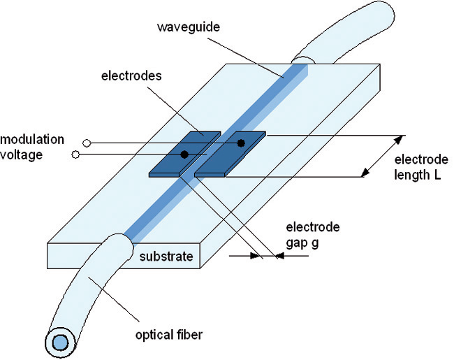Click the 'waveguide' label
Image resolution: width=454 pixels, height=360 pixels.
pyautogui.click(x=189, y=27)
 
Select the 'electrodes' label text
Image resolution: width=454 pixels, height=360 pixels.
pyautogui.click(x=131, y=76)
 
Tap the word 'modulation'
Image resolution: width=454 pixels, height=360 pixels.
pyautogui.click(x=32, y=140)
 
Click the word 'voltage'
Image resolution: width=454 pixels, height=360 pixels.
pyautogui.click(x=22, y=154)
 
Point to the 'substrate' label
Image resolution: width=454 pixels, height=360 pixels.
pyautogui.click(x=166, y=257)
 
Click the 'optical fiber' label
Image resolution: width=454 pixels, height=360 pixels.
pyautogui.click(x=169, y=335)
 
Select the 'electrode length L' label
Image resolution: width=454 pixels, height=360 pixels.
pyautogui.click(x=421, y=167)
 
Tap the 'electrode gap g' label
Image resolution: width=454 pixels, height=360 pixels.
pyautogui.click(x=313, y=235)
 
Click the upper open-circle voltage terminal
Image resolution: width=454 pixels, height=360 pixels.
pyautogui.click(x=87, y=143)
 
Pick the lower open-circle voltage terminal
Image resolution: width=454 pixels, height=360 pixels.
pyautogui.click(x=75, y=154)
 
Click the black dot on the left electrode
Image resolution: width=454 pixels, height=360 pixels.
pyautogui.click(x=184, y=154)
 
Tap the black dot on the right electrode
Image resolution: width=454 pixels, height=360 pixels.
pyautogui.click(x=241, y=143)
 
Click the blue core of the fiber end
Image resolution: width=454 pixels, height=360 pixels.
pyautogui.click(x=60, y=343)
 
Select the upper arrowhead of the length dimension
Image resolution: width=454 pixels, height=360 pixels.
pyautogui.click(x=399, y=140)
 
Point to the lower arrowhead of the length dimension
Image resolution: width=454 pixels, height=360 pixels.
pyautogui.click(x=365, y=173)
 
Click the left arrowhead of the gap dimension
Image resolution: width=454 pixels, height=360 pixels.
pyautogui.click(x=255, y=256)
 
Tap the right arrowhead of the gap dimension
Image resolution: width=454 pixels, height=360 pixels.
pyautogui.click(x=279, y=256)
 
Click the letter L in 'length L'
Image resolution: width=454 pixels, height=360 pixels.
pyautogui.click(x=437, y=175)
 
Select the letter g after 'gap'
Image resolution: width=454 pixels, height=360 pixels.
pyautogui.click(x=314, y=243)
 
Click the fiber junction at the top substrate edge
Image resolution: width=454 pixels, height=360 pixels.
pyautogui.click(x=303, y=60)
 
